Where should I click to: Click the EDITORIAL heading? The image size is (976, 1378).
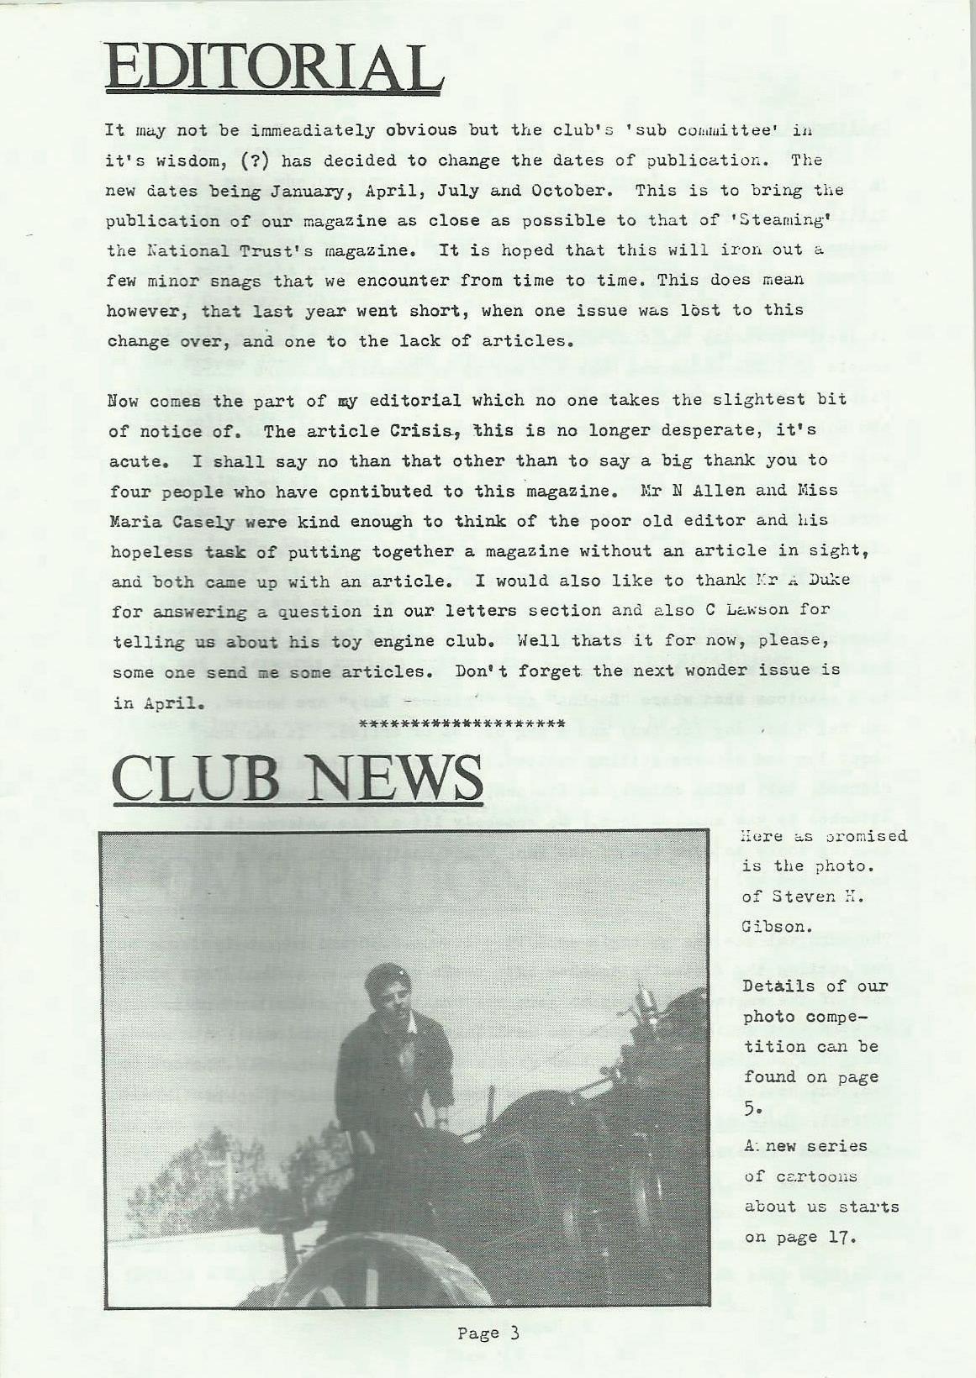coord(274,66)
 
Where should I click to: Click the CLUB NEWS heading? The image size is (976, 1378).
coord(297,777)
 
